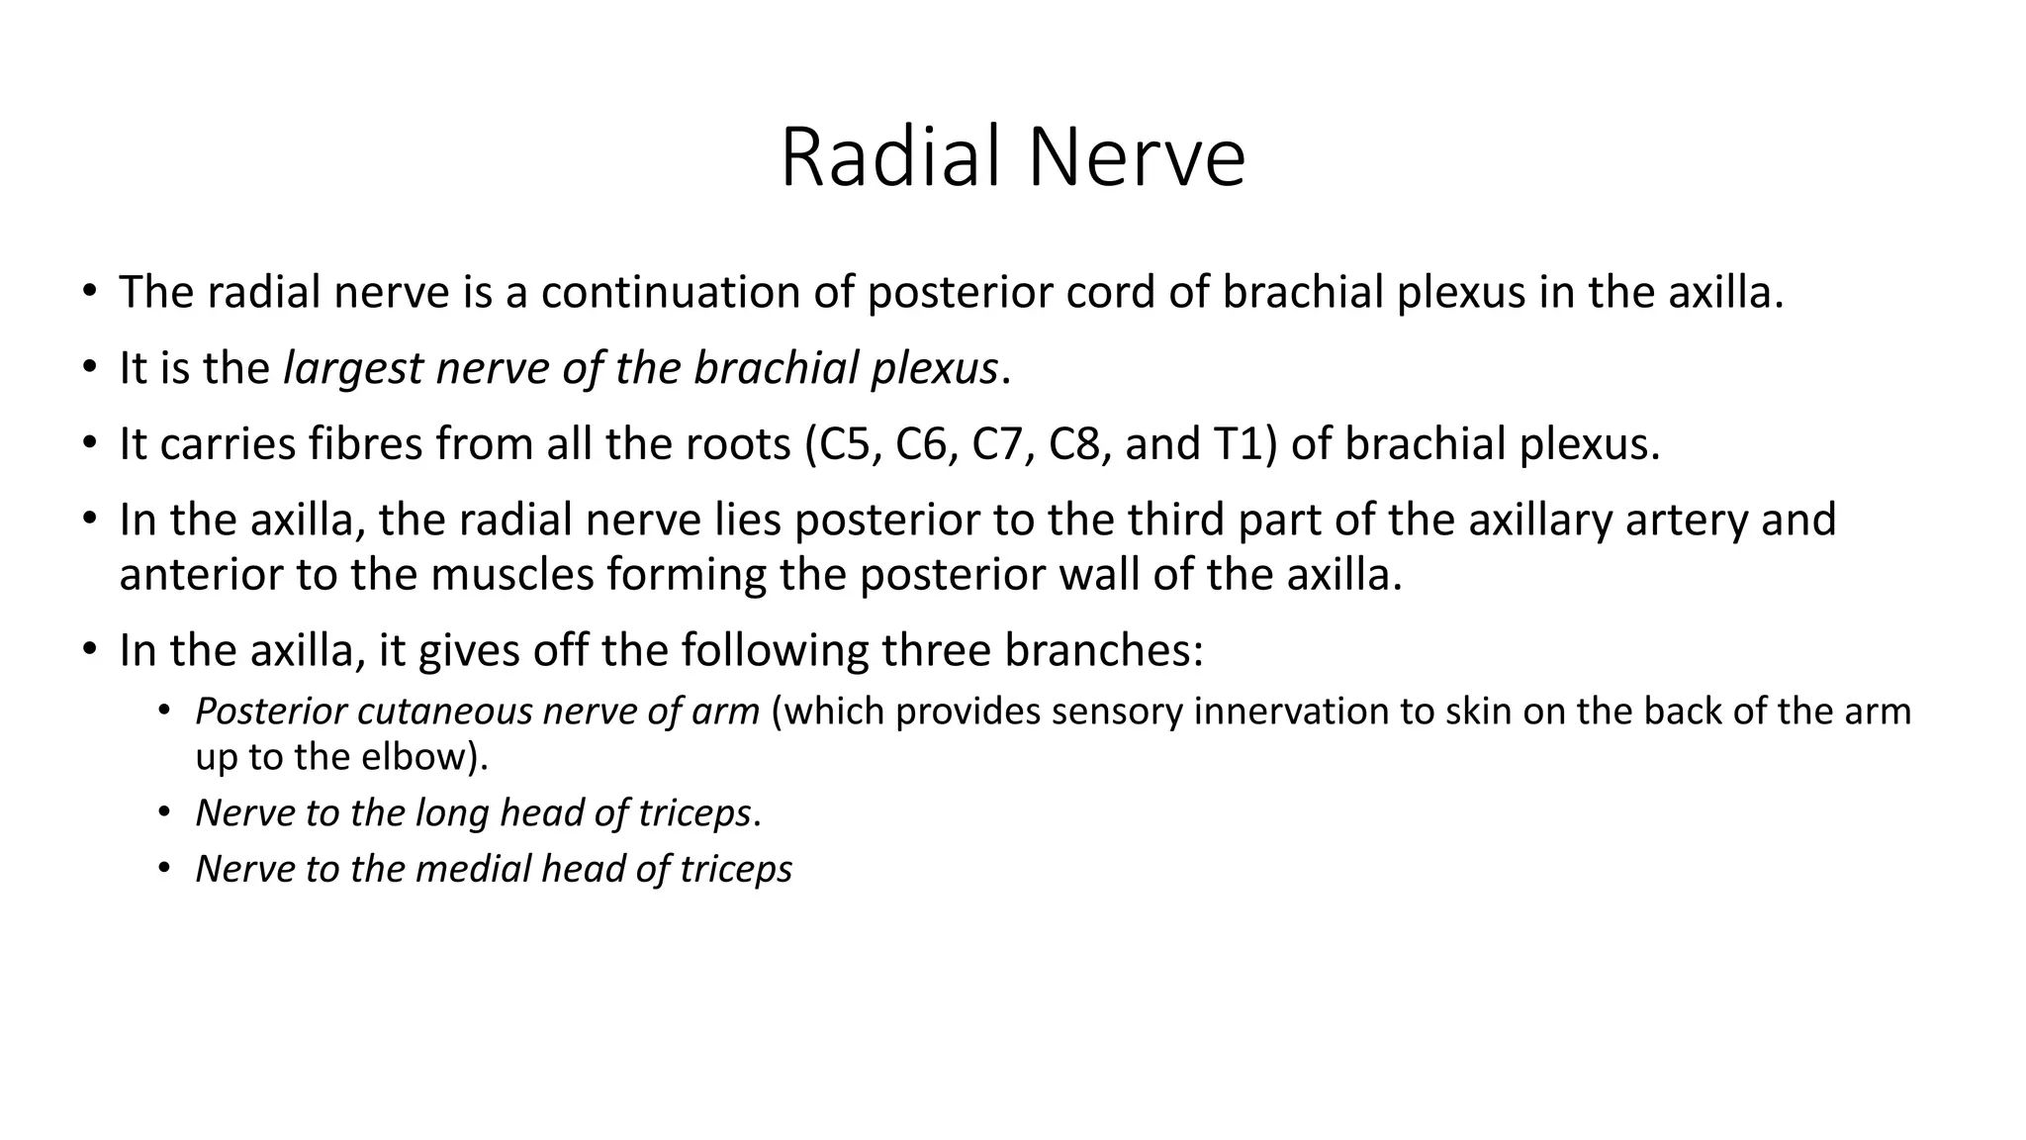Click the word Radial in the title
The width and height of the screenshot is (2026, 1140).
click(895, 158)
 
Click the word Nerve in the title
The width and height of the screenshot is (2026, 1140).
click(1137, 158)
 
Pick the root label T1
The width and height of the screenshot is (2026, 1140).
click(1237, 444)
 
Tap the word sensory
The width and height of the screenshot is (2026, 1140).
click(1117, 712)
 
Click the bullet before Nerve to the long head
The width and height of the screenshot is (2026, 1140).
click(165, 813)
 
